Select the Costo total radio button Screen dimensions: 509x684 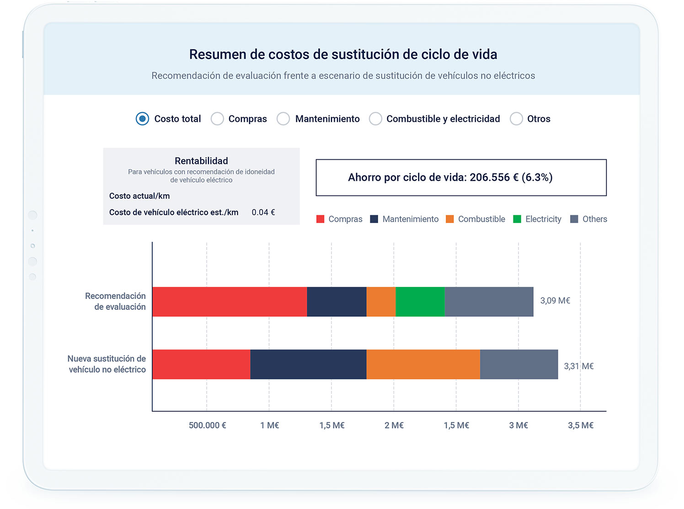142,119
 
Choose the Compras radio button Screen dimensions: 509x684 217,119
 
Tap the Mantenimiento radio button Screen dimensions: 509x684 283,119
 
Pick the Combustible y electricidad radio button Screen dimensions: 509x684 375,119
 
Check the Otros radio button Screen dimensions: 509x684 516,119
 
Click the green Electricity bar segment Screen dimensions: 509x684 420,302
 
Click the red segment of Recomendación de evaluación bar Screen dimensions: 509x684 230,302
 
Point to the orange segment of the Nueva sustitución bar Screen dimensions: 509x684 423,364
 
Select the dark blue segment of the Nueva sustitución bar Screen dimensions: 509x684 308,364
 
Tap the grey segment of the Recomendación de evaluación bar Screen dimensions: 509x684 489,302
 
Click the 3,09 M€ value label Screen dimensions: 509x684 555,301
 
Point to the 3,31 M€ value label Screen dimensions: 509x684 578,366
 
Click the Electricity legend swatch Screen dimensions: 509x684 517,219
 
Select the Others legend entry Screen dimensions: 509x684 589,219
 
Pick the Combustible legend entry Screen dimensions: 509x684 476,219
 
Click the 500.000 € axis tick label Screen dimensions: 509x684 207,425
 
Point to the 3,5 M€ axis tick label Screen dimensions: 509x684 580,425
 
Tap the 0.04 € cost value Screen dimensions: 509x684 263,212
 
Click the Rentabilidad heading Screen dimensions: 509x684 201,161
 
